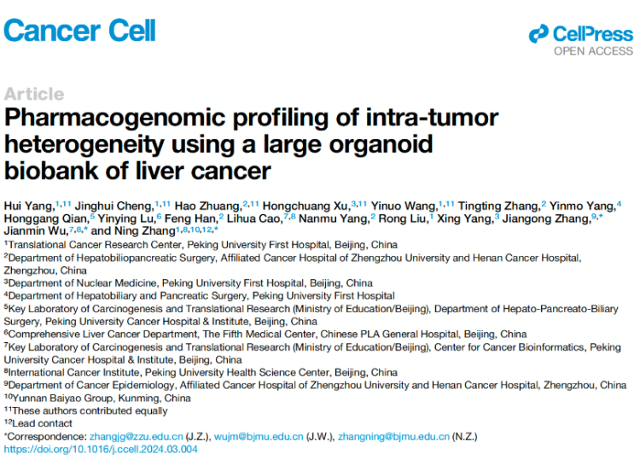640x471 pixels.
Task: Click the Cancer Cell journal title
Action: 79,31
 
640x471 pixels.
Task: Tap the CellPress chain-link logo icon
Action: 538,34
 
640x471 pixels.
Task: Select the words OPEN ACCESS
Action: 593,51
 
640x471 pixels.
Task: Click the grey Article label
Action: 34,94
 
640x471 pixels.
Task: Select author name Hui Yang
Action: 28,206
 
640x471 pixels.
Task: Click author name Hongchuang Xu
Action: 305,206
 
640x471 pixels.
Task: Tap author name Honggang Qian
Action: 46,218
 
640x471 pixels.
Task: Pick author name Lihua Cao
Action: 253,218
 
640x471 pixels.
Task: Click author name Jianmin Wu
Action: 35,231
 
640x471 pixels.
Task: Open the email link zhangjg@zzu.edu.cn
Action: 137,437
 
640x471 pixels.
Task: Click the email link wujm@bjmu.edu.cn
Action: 259,437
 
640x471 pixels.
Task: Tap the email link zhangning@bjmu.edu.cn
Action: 394,437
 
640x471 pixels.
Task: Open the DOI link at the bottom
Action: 101,450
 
